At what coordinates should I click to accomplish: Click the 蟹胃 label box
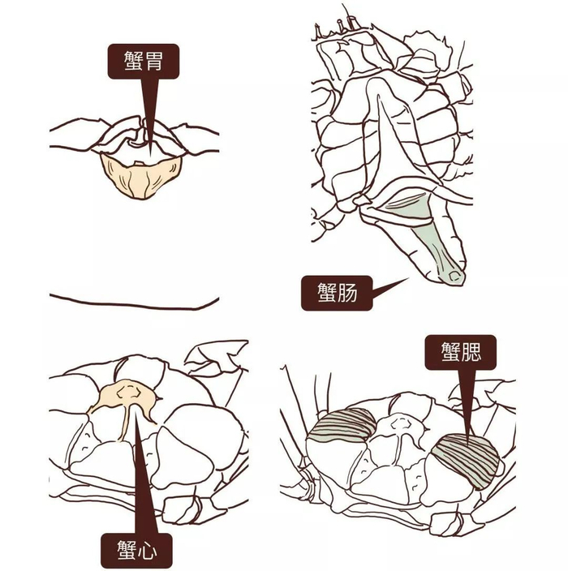click(143, 61)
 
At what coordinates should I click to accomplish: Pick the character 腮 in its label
click(475, 353)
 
